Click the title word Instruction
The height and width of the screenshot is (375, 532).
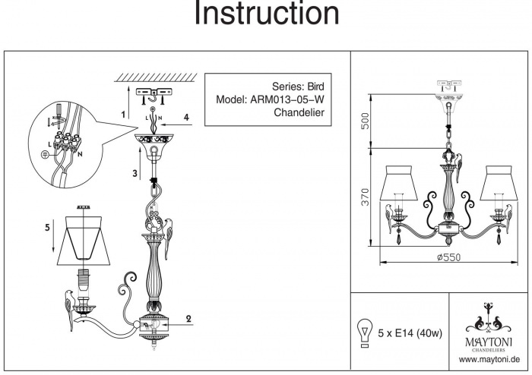click(266, 14)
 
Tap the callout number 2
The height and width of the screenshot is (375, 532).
click(187, 320)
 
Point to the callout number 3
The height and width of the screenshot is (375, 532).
click(134, 174)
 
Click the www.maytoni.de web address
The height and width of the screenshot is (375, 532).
click(489, 357)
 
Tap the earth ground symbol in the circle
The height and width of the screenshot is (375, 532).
click(45, 154)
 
